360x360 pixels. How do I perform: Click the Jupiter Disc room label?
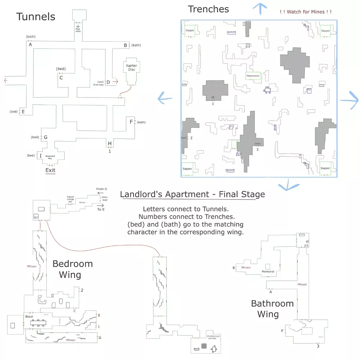pyautogui.click(x=131, y=67)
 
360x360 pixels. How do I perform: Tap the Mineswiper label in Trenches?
pyautogui.click(x=253, y=76)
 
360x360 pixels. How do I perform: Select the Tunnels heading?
pyautogui.click(x=36, y=17)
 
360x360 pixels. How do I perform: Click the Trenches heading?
pyautogui.click(x=208, y=9)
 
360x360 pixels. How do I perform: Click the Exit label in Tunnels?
pyautogui.click(x=50, y=170)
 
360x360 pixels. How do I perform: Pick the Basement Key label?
pyautogui.click(x=50, y=157)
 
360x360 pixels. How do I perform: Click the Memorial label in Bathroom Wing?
pyautogui.click(x=268, y=271)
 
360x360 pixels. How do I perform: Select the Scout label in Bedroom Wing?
pyautogui.click(x=29, y=316)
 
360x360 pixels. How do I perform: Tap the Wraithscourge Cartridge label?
pyautogui.click(x=213, y=337)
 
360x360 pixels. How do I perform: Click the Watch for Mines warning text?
pyautogui.click(x=305, y=12)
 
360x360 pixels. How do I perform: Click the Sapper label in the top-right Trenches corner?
pyautogui.click(x=325, y=31)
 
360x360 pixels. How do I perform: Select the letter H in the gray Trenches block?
pyautogui.click(x=213, y=97)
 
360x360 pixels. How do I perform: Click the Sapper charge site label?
pyautogui.click(x=71, y=199)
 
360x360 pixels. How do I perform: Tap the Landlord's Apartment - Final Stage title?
pyautogui.click(x=192, y=195)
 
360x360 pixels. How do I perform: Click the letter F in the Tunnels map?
pyautogui.click(x=131, y=122)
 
